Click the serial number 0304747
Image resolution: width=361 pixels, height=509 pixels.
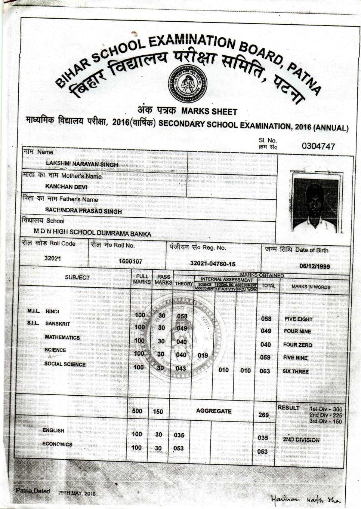(318, 146)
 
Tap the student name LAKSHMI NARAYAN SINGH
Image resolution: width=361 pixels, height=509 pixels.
(82, 164)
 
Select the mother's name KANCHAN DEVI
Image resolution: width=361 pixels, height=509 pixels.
(66, 187)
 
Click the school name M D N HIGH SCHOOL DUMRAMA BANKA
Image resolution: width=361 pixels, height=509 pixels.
(92, 233)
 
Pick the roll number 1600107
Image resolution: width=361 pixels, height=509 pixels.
(130, 261)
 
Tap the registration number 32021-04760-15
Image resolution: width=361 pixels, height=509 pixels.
(213, 264)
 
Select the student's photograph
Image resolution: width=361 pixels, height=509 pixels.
(316, 205)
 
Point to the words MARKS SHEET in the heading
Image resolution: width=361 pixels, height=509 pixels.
(209, 111)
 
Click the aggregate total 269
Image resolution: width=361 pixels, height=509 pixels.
(263, 415)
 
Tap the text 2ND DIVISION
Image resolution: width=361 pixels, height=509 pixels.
(301, 440)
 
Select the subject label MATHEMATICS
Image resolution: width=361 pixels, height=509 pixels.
(62, 337)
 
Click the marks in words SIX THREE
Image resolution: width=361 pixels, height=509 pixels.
(296, 371)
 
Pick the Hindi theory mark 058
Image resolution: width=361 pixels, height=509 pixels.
(182, 316)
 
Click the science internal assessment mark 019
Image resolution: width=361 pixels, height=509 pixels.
(203, 355)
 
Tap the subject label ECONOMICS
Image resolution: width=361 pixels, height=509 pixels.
(57, 444)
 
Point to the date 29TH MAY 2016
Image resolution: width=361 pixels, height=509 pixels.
(77, 493)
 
